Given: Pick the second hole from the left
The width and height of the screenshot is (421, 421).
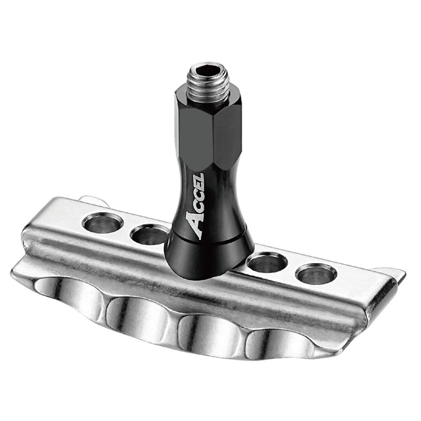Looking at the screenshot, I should [x=149, y=235].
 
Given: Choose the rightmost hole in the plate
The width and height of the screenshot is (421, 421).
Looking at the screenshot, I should [x=316, y=274].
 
